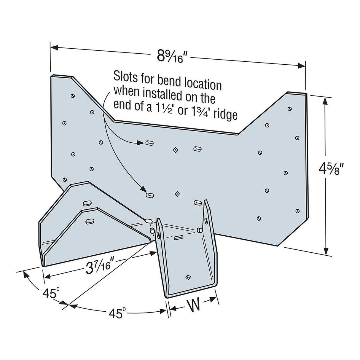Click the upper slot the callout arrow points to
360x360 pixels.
(x=150, y=143)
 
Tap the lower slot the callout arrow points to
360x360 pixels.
(x=150, y=195)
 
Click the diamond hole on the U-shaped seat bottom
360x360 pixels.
(x=187, y=278)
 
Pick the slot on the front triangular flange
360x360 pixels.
(x=89, y=221)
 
